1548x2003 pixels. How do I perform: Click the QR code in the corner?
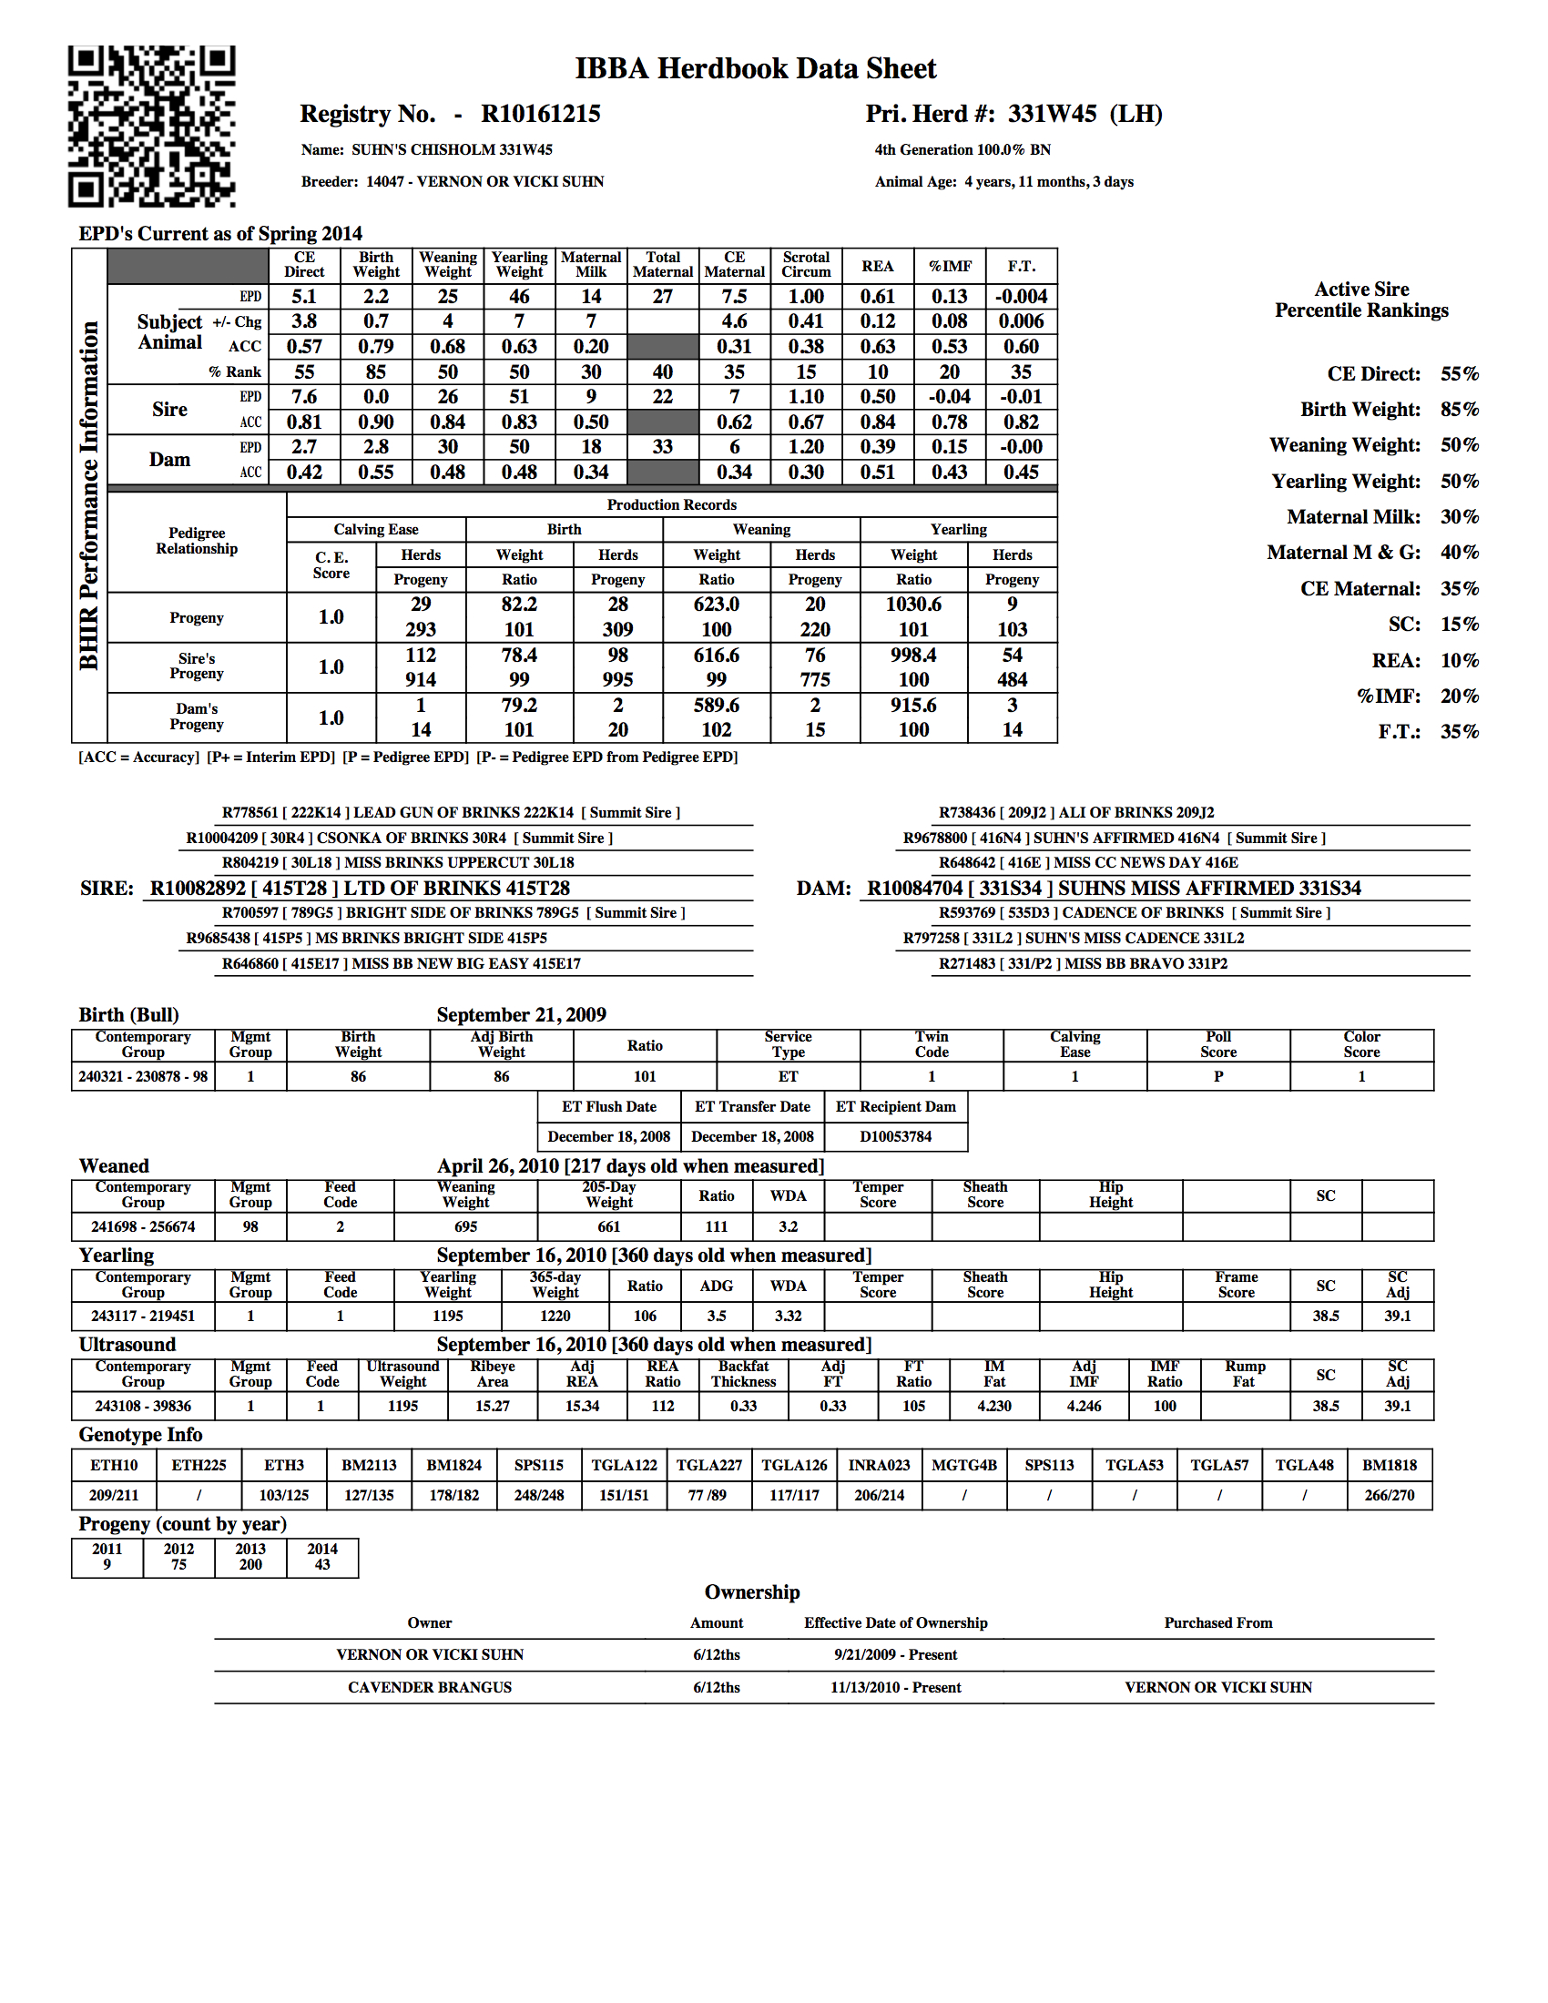tap(151, 126)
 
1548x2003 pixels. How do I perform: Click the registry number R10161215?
tap(540, 114)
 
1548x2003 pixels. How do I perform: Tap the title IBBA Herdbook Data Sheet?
tap(756, 69)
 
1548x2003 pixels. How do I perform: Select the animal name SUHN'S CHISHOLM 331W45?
tap(453, 149)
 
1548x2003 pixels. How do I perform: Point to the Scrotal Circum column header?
tap(806, 265)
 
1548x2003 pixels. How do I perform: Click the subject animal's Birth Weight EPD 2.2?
tap(376, 296)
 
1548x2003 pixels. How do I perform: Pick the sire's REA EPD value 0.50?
tap(878, 397)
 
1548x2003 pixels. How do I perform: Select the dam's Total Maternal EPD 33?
tap(662, 447)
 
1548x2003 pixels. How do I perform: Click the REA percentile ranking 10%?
tap(1459, 660)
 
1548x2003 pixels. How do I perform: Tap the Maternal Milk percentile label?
tap(1352, 516)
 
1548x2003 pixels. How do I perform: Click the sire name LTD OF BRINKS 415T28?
tap(457, 888)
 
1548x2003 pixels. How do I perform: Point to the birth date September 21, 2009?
tap(521, 1014)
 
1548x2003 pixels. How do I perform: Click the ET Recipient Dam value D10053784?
tap(895, 1136)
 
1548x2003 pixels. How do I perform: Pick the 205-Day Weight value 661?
tap(609, 1226)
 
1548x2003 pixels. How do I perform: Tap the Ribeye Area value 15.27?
tap(493, 1406)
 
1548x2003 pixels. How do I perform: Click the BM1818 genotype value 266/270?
tap(1390, 1495)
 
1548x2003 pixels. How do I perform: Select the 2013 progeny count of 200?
tap(250, 1564)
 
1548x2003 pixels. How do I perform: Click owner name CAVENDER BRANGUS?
tap(429, 1687)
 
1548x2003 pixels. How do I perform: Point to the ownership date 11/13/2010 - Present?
tap(895, 1687)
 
